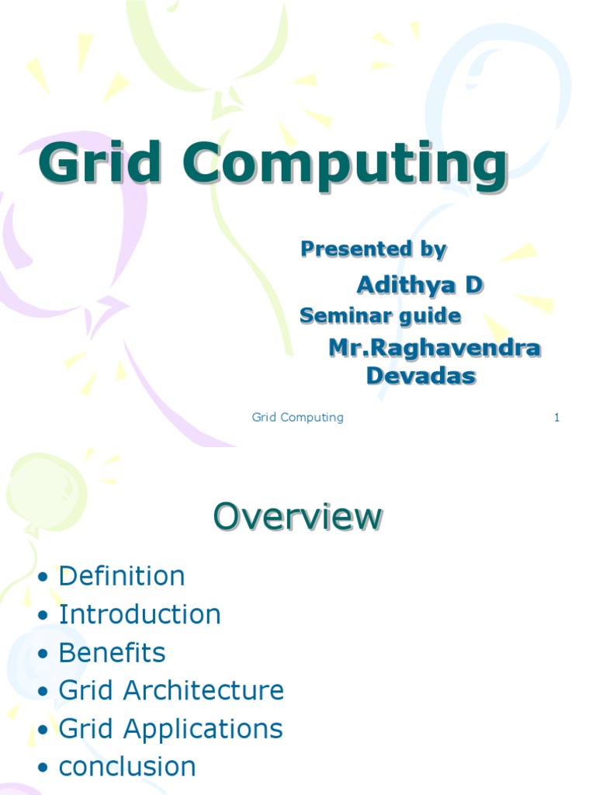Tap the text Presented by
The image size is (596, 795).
pos(373,249)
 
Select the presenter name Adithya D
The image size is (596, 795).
pos(419,285)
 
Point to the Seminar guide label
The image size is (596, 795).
pos(380,316)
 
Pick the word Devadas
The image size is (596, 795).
pos(421,376)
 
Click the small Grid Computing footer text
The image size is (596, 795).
pos(297,418)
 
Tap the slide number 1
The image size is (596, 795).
pos(556,418)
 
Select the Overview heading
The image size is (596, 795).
pos(298,516)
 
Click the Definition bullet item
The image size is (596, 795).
pos(122,576)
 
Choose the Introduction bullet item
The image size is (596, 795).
pos(140,614)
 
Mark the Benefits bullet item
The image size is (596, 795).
pos(112,652)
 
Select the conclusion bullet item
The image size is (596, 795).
pos(127,767)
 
